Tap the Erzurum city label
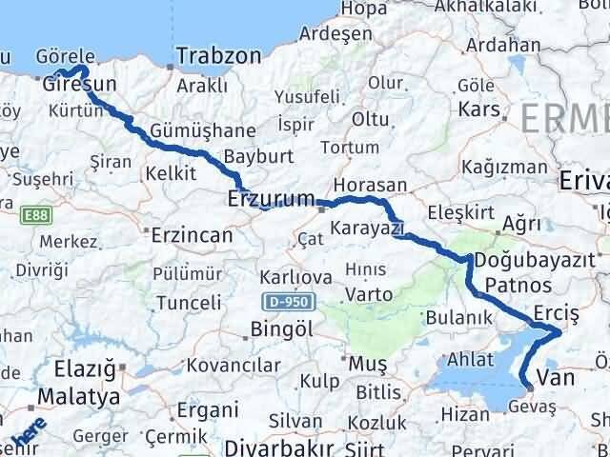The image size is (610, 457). point(271,200)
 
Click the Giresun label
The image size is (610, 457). point(80,85)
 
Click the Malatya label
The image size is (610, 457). point(79,395)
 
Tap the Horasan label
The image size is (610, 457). point(371,186)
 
